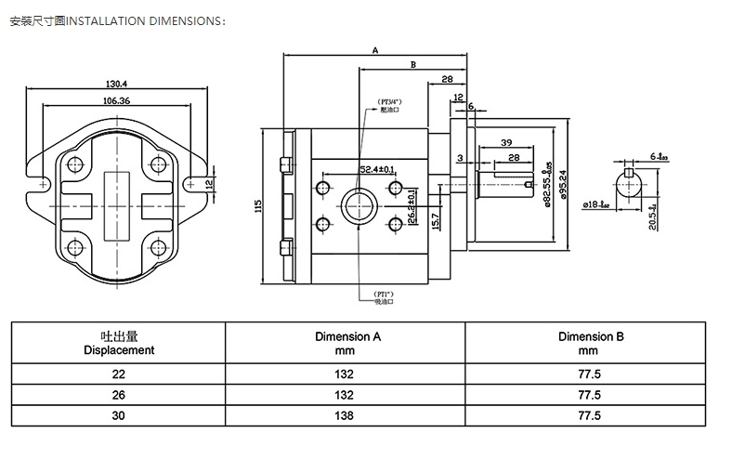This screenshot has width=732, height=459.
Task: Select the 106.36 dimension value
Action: [x=116, y=100]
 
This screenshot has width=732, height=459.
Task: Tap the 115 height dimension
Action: [x=258, y=206]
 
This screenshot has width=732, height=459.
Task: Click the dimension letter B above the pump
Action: [x=412, y=64]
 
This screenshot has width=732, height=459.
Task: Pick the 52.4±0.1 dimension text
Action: [x=377, y=169]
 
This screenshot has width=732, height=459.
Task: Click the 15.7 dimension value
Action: [x=435, y=220]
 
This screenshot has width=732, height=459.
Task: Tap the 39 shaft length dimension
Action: [x=506, y=142]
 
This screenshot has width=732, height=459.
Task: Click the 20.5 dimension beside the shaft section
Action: [x=653, y=216]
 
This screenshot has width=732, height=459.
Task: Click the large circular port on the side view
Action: [x=359, y=206]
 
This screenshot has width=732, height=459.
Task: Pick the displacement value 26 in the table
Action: [x=119, y=395]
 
